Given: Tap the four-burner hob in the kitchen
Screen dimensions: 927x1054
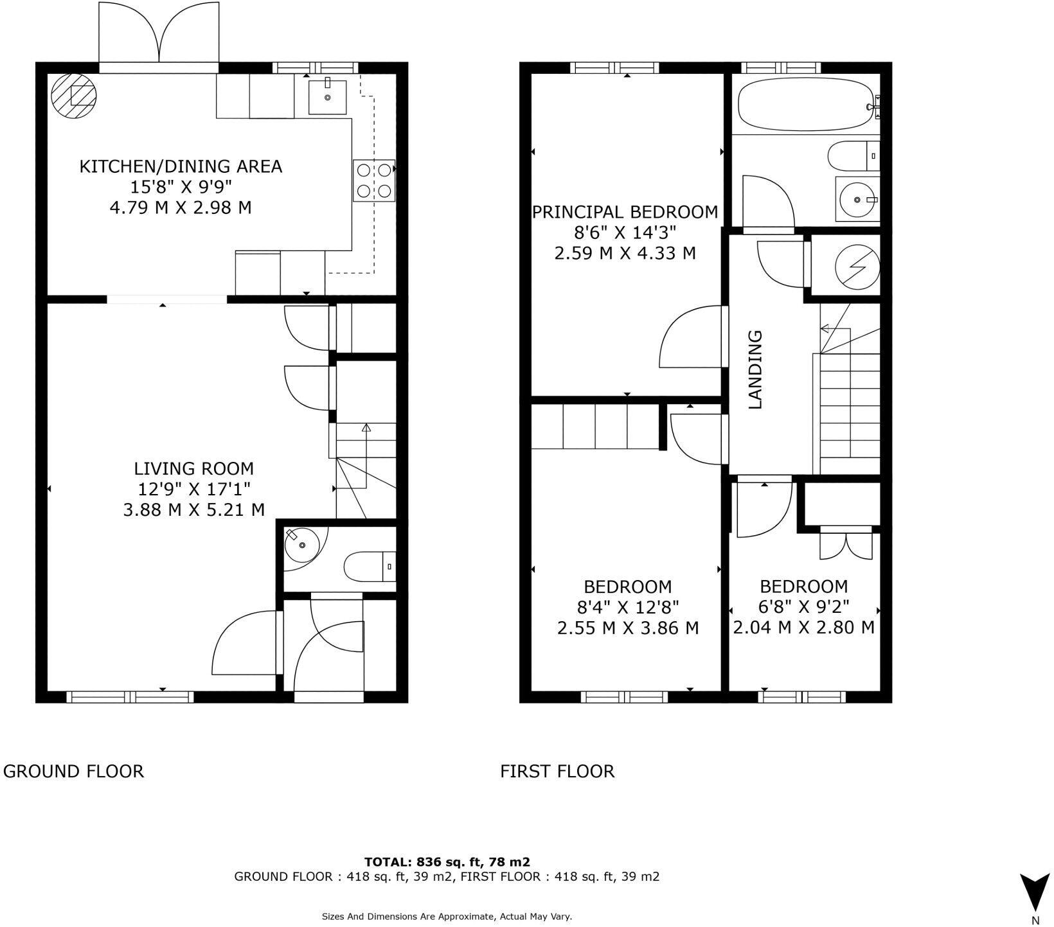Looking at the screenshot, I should click(x=374, y=181).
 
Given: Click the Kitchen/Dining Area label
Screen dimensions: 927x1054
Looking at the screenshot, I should click(x=181, y=166).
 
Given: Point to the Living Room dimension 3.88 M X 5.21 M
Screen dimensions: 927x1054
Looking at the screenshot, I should click(x=193, y=510).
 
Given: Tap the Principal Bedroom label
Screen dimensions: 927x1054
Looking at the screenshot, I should click(x=625, y=212).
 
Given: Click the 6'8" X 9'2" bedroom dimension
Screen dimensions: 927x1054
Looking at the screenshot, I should click(x=804, y=606).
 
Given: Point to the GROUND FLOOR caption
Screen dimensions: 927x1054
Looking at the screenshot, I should click(x=73, y=771).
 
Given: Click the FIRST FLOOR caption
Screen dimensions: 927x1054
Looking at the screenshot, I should click(x=557, y=771).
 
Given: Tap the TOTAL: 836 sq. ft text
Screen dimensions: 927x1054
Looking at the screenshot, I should click(x=447, y=862).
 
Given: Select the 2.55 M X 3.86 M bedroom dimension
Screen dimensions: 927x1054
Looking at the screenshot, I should click(x=627, y=628).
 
